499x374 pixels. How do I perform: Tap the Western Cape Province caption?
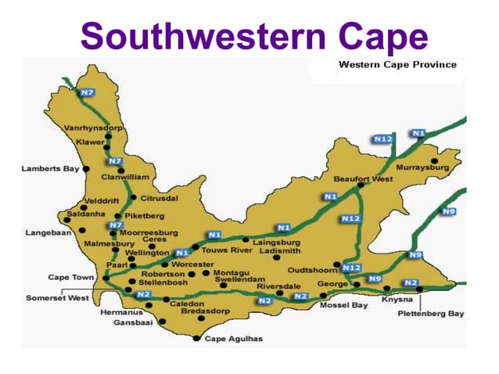pos(397,64)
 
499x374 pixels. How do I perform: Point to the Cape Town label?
pos(71,277)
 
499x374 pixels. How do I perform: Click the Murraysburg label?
pos(423,167)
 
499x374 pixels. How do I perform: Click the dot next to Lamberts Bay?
pos(86,168)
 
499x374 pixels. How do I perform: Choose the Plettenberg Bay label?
pos(434,313)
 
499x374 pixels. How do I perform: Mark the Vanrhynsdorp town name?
pos(93,127)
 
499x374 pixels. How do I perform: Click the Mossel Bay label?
pos(343,305)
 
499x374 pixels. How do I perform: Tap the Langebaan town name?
pos(48,232)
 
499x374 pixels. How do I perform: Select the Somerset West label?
pos(58,297)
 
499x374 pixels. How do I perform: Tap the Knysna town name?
pos(397,300)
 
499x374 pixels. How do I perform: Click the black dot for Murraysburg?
pos(434,160)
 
